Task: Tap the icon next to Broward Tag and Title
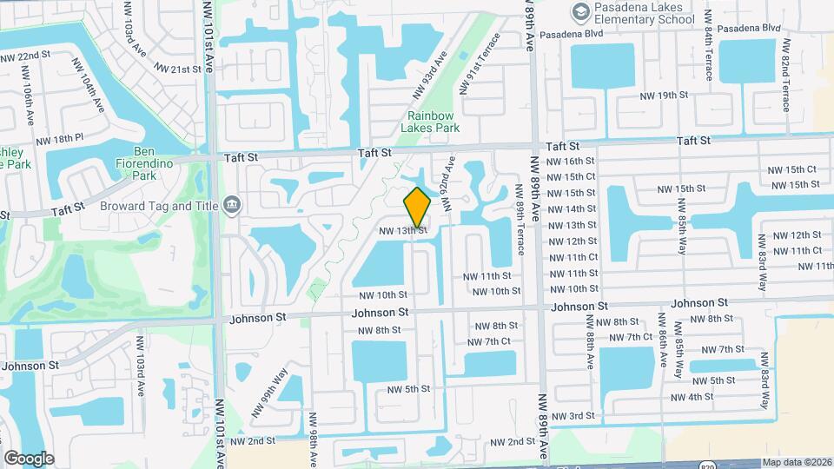(x=232, y=205)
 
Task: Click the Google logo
(x=29, y=458)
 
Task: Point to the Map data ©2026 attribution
(x=797, y=462)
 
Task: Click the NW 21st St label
(x=178, y=69)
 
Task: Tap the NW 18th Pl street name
(x=60, y=139)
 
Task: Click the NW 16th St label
(x=572, y=162)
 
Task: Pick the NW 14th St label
(x=572, y=209)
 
